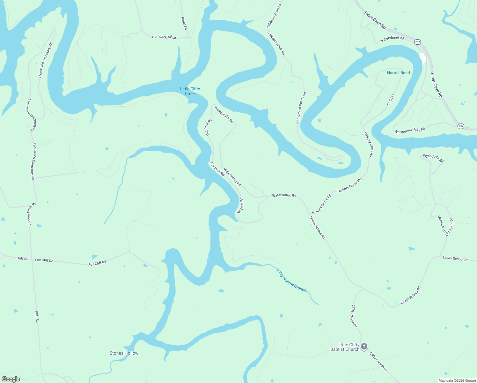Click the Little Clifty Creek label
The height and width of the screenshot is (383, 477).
(x=190, y=91)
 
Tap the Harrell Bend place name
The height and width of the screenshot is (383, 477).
(x=398, y=73)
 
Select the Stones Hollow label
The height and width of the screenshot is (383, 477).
(x=124, y=353)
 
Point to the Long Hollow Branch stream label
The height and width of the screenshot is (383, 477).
(x=291, y=280)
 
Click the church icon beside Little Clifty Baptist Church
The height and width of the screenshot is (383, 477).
(x=364, y=347)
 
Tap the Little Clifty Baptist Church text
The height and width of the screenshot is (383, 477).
(x=345, y=347)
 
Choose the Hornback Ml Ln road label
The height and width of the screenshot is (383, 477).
(x=164, y=37)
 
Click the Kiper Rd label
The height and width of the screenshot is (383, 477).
(x=184, y=23)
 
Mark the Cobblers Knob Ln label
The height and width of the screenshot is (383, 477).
(x=274, y=16)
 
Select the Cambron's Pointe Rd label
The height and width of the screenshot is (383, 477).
(x=301, y=108)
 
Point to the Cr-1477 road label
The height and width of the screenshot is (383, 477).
(x=391, y=99)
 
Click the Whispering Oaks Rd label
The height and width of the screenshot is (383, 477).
(x=409, y=130)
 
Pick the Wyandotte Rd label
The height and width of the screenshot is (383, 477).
(x=433, y=158)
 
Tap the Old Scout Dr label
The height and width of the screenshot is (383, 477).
(x=450, y=227)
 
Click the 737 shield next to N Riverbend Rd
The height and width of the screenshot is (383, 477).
(x=417, y=42)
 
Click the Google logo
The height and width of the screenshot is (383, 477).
(x=11, y=379)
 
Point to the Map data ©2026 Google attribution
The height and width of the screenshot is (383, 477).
(x=457, y=380)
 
